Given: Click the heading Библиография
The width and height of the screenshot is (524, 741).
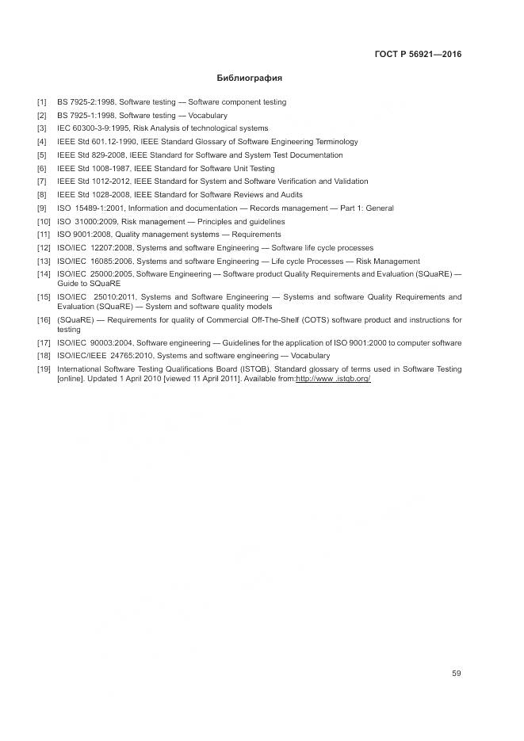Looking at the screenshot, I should [249, 78].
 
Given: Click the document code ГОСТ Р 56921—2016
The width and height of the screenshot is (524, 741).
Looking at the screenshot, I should [418, 55].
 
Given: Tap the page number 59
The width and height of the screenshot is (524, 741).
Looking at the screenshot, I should [456, 674].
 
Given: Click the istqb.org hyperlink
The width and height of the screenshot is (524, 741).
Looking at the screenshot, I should [333, 379].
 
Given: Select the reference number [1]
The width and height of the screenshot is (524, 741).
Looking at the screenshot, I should [41, 102].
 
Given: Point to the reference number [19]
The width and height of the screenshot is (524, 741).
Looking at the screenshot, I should [44, 369].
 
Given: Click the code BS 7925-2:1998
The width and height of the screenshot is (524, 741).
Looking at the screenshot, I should [86, 102].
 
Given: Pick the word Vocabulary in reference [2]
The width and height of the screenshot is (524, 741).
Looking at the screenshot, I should [208, 116].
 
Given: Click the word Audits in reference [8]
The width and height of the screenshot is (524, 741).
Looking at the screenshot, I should [289, 195].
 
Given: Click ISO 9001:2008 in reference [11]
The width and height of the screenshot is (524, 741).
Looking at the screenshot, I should [84, 235].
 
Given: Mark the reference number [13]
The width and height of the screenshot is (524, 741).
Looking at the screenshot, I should [44, 262].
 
